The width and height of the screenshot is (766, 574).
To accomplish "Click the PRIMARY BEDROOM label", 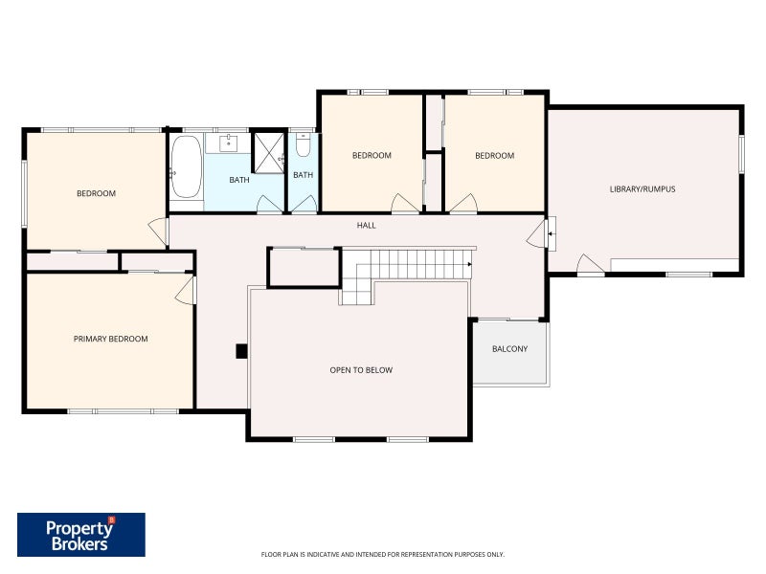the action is pyautogui.click(x=110, y=339).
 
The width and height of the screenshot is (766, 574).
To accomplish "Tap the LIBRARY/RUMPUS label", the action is pyautogui.click(x=642, y=188).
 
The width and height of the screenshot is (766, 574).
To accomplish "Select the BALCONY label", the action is pyautogui.click(x=509, y=348).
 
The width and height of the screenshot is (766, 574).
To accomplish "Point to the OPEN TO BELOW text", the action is pyautogui.click(x=361, y=370).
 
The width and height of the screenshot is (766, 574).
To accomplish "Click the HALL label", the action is pyautogui.click(x=366, y=225).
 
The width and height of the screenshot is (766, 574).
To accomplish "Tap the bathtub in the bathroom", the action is pyautogui.click(x=186, y=166).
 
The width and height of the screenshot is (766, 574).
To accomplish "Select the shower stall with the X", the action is pyautogui.click(x=268, y=152).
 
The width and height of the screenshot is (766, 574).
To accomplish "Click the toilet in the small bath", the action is pyautogui.click(x=303, y=144).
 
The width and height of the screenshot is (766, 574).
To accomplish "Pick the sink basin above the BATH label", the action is pyautogui.click(x=228, y=144).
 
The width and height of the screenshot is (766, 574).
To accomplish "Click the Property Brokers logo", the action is pyautogui.click(x=81, y=535).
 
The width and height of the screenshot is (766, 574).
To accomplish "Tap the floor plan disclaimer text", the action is pyautogui.click(x=382, y=555).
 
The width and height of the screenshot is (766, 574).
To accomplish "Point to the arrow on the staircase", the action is pyautogui.click(x=469, y=264).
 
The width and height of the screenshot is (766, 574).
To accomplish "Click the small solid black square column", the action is pyautogui.click(x=241, y=351).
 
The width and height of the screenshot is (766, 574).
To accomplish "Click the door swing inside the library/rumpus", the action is pyautogui.click(x=590, y=264).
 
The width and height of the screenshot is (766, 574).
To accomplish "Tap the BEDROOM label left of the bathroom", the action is pyautogui.click(x=97, y=193).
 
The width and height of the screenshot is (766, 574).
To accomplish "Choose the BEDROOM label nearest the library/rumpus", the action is pyautogui.click(x=494, y=156).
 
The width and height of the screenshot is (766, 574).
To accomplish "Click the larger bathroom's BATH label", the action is pyautogui.click(x=239, y=180).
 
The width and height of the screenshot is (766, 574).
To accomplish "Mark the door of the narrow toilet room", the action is pyautogui.click(x=304, y=205).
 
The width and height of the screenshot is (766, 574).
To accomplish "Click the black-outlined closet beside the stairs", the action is pyautogui.click(x=304, y=267).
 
